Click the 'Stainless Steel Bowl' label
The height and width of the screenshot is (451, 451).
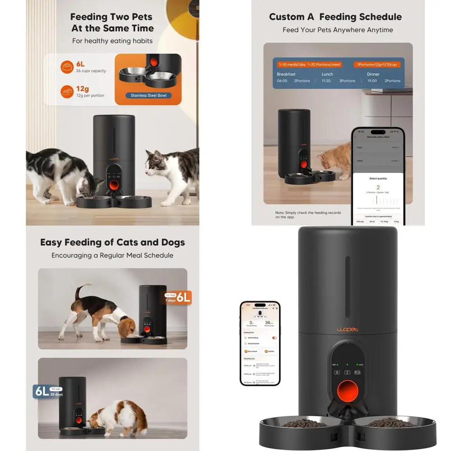pyautogui.click(x=148, y=96)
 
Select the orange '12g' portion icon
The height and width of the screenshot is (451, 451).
pyautogui.click(x=67, y=92)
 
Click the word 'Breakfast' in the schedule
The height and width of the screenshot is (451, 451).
pyautogui.click(x=286, y=74)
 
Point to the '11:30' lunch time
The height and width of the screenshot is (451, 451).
pyautogui.click(x=326, y=81)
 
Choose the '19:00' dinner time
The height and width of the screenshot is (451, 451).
pyautogui.click(x=372, y=81)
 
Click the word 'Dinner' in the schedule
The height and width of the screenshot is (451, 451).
pyautogui.click(x=373, y=74)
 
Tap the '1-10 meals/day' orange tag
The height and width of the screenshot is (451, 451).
pyautogui.click(x=291, y=64)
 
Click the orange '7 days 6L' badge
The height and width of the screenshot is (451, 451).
pyautogui.click(x=178, y=297)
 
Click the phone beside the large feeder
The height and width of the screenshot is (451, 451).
pyautogui.click(x=260, y=343)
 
